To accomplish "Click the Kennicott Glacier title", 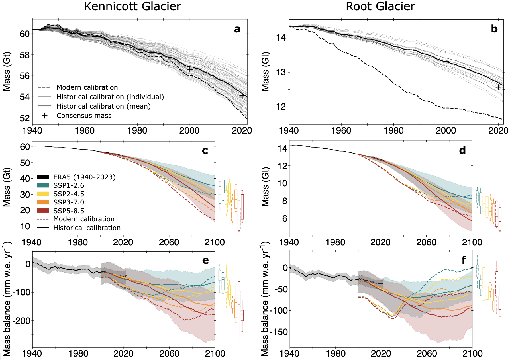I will pos(132,6).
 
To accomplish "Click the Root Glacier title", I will pos(380,6).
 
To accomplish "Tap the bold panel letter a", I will pos(237,29).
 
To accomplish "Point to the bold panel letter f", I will pos(464,260).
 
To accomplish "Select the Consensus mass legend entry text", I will pos(84,116).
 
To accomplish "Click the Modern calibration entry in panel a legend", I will pos(87,87).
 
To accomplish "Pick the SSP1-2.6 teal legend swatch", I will pos(43,185).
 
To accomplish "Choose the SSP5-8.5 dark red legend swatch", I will pos(43,211).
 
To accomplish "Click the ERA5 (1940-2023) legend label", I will pos(84,177).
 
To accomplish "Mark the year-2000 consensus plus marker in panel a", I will pos(190,69).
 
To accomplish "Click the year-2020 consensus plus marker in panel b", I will pos(498,87).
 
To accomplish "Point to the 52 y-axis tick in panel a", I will pos(25,118).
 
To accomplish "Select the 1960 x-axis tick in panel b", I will pos(341,131).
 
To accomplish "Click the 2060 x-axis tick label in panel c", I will pos(169,242).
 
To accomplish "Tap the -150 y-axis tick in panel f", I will pos(279,332).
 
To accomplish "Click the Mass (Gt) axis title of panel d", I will pos(265,187).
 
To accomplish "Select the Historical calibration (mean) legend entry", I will pos(103,106).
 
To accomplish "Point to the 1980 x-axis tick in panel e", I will pos(78,353).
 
